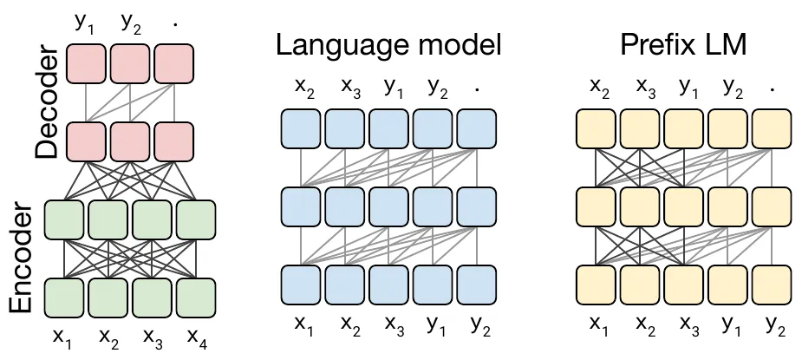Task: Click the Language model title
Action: coord(388,45)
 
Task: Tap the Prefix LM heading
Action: coord(683,44)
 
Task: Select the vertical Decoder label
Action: coord(47,101)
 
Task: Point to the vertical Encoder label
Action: coord(21,258)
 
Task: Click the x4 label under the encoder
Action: coord(198,337)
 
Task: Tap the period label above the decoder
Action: coord(175,23)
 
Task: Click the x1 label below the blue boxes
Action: coord(303,325)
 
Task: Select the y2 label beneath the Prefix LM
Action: coord(775,325)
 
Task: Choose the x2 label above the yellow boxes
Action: coord(599,88)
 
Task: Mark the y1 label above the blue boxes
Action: coord(392,88)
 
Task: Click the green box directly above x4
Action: coord(196,219)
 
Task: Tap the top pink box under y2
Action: coord(130,63)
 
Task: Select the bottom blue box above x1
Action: coord(301,285)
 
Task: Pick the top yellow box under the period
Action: coord(772,128)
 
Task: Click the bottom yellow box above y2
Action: coord(772,285)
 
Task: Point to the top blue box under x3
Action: coord(345,128)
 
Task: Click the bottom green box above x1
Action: coord(64,298)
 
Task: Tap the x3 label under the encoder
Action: coord(153,337)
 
